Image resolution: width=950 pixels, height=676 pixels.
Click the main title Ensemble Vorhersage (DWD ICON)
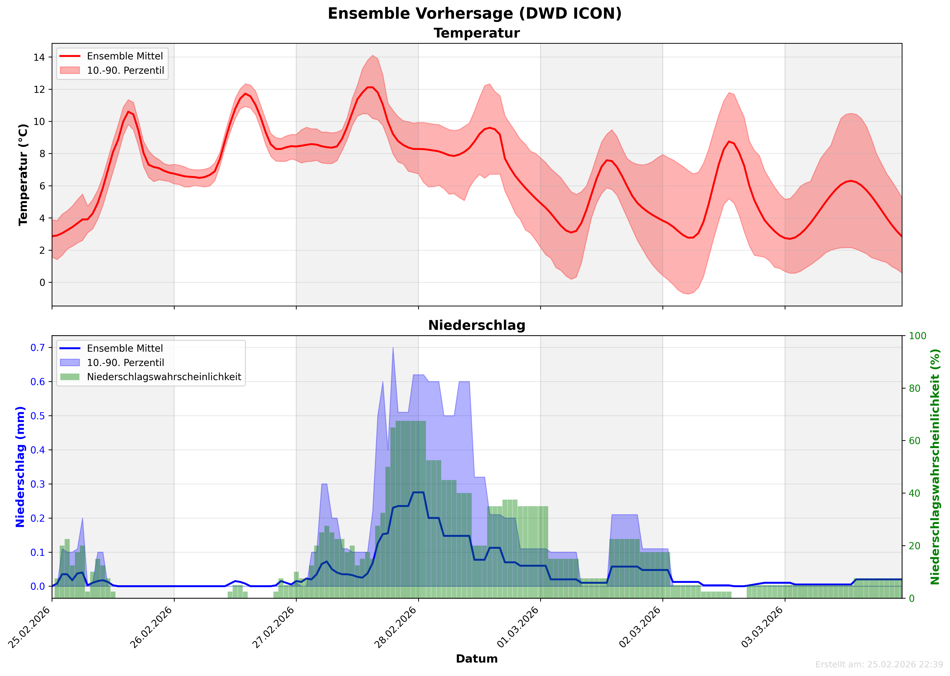coord(475,14)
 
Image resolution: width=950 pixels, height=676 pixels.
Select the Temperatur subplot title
coord(477,33)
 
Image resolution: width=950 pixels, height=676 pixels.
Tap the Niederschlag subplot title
coord(477,325)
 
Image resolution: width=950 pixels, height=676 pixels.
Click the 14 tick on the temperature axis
coord(39,57)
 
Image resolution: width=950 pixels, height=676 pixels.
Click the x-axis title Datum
coord(477,659)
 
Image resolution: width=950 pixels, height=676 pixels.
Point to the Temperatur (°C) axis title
coord(23,175)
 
